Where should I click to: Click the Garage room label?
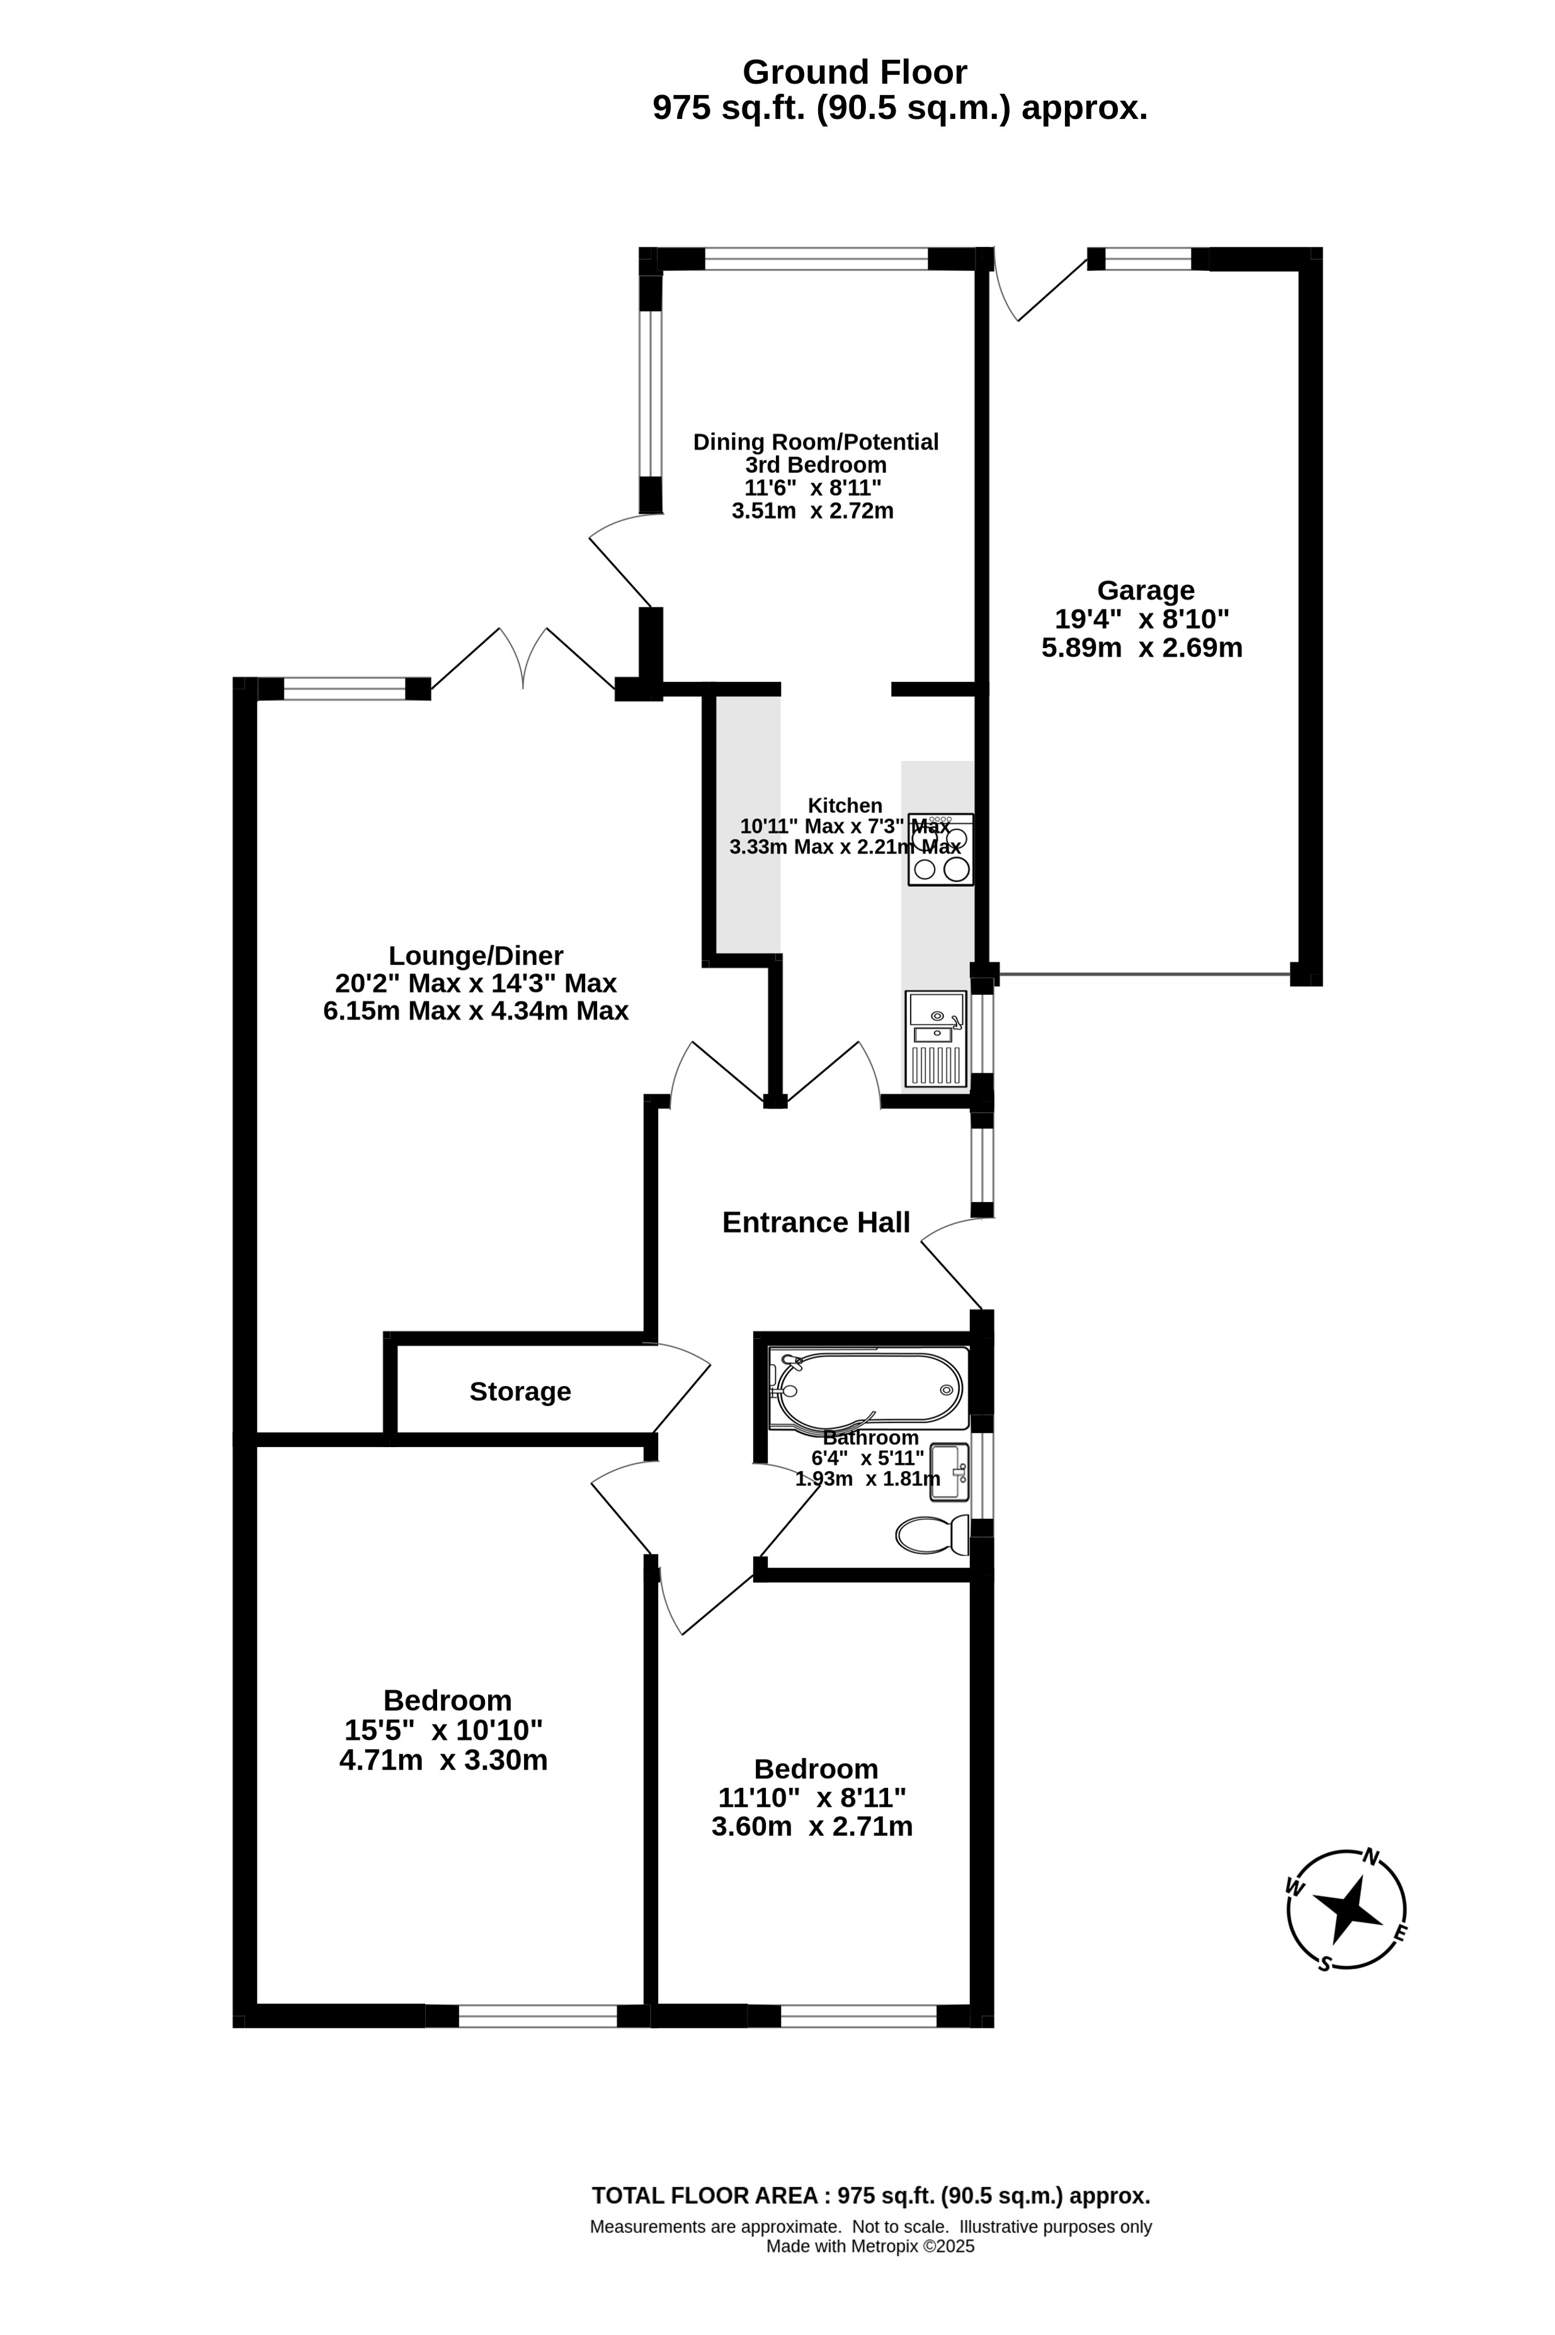(x=1146, y=590)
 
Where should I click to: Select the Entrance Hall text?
(x=815, y=1222)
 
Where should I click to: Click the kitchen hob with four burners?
(x=940, y=849)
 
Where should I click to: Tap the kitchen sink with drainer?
(x=935, y=1039)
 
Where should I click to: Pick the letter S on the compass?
(x=1324, y=1963)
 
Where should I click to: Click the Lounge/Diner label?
(x=476, y=956)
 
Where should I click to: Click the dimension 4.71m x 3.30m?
(x=443, y=1761)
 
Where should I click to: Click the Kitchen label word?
(x=845, y=806)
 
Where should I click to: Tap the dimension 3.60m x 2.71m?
(x=812, y=1826)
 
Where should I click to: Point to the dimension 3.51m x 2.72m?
(x=812, y=511)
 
